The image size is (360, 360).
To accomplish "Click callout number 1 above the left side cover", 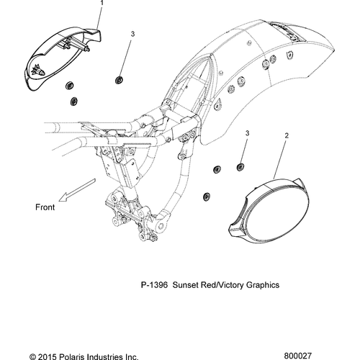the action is point(102,3).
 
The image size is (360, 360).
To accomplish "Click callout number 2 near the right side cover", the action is point(287,136).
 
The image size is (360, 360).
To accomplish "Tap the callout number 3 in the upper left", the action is point(132,34).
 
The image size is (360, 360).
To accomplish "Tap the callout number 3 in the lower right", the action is point(247,133).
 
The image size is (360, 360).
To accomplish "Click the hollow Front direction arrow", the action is point(77,190).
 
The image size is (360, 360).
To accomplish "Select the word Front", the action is point(45,207).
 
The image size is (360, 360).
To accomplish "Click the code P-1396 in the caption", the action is point(154,285).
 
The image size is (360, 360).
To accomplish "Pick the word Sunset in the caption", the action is point(186,285).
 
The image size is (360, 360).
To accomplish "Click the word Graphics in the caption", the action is point(263,285).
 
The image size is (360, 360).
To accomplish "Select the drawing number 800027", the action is point(298,356).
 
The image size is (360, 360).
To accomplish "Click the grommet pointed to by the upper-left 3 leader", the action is point(119,80).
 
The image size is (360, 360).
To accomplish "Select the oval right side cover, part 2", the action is point(268,211).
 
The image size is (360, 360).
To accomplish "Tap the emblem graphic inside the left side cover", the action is point(37,70).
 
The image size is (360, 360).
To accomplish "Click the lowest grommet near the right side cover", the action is point(207,197).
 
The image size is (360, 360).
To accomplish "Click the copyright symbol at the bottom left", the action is point(32,357).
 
